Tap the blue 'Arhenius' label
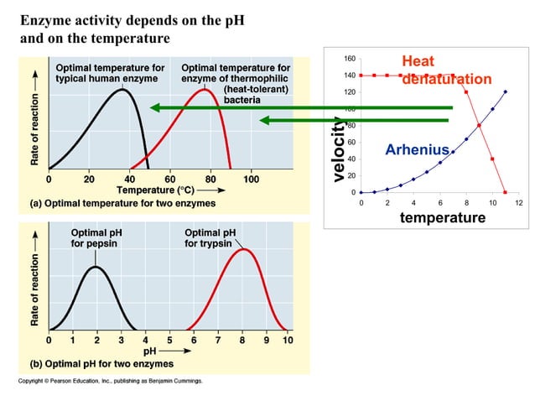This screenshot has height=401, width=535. [418, 150]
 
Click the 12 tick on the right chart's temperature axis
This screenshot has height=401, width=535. [518, 203]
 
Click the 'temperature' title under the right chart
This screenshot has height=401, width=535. [442, 218]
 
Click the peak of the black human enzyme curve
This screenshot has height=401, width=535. [122, 90]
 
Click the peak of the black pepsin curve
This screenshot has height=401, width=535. [96, 268]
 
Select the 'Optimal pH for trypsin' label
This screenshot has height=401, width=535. [210, 238]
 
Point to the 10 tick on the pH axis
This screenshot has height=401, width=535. [288, 341]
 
